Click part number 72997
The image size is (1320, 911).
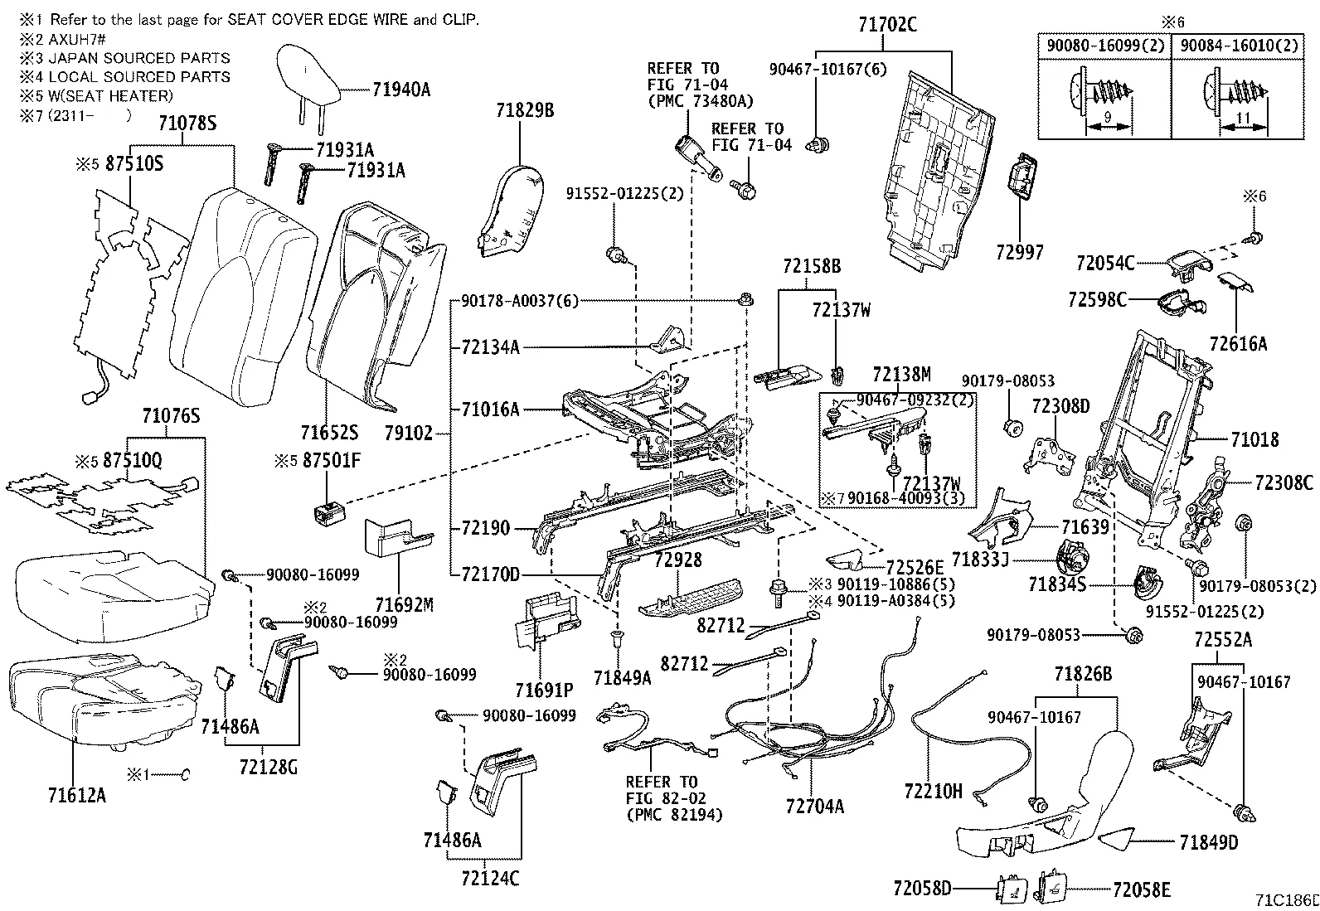coord(1019,251)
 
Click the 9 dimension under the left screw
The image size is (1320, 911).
coord(1109,119)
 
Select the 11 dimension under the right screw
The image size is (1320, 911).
coord(1242,119)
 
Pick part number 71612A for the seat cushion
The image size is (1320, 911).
coord(76,796)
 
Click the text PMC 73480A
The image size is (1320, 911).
coord(700,100)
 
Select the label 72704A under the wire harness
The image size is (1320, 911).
coord(814,806)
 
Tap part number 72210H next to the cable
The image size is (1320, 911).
coord(933,791)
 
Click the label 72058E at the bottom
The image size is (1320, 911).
coord(1141,889)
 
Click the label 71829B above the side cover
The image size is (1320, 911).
coord(525,109)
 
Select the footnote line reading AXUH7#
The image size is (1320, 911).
coord(75,39)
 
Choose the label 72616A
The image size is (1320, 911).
coord(1237,343)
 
